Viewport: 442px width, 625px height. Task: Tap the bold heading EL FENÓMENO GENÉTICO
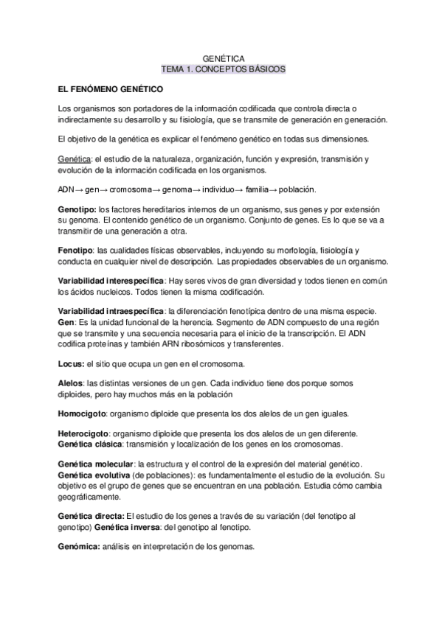[110, 88]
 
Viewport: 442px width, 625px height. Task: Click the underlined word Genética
[73, 158]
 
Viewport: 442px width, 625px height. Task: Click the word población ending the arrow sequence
[275, 189]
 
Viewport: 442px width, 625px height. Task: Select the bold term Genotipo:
[76, 210]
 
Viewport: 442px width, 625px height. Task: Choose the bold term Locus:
[71, 364]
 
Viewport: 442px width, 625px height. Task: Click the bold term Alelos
[70, 384]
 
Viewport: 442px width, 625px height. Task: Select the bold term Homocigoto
[82, 414]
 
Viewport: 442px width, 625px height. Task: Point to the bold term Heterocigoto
[83, 434]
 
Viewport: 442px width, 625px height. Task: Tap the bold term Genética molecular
[95, 464]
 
